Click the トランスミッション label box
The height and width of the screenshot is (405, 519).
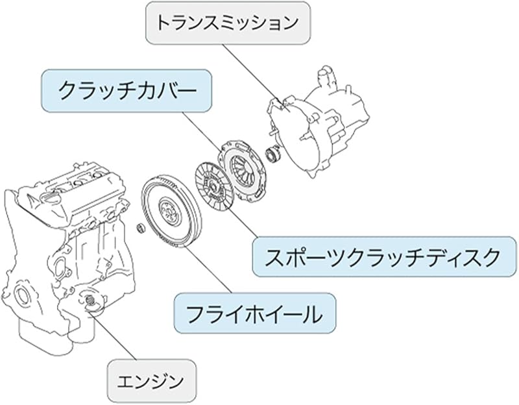click(x=227, y=23)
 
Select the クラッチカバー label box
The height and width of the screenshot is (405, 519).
click(x=127, y=91)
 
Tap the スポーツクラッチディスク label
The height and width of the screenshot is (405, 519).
click(x=382, y=257)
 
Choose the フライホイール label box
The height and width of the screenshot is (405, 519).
click(x=254, y=315)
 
